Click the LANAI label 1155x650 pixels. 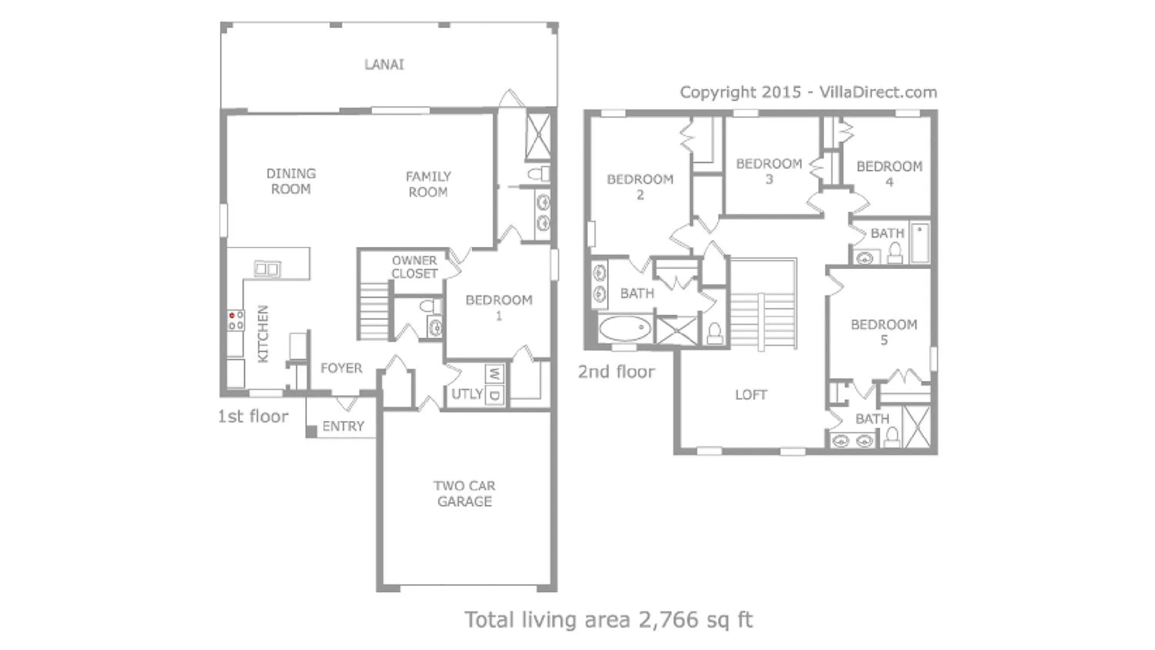[384, 65]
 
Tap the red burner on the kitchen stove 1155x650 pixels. [232, 316]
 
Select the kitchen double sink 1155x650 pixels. [267, 269]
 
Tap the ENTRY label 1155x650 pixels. [343, 426]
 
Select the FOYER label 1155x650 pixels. [341, 368]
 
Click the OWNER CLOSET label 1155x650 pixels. [414, 267]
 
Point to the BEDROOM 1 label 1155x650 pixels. [499, 307]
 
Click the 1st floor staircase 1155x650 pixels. [374, 311]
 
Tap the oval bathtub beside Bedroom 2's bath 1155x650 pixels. [624, 328]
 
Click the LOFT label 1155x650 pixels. [751, 395]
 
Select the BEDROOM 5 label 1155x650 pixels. [884, 332]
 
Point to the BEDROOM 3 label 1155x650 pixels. [769, 171]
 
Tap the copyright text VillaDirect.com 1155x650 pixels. [878, 92]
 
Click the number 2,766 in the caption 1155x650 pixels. [668, 620]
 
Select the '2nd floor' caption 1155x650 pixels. [616, 372]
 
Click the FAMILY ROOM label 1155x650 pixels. [428, 184]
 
